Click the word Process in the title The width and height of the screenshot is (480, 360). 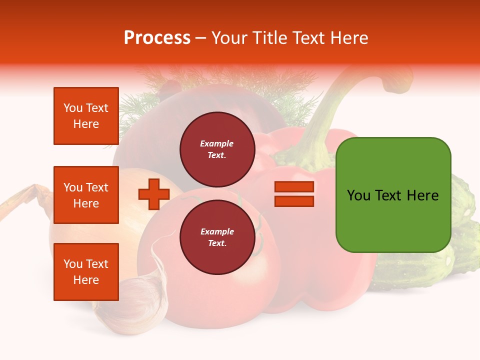157,38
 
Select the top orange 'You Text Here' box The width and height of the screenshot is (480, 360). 86,116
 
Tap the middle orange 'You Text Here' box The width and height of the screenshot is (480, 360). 86,195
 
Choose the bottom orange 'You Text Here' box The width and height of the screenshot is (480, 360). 86,272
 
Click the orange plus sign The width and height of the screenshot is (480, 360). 154,194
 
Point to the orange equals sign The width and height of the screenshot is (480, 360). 294,194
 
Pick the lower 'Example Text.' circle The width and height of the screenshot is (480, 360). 217,237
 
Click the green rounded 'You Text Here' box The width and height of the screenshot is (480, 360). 393,195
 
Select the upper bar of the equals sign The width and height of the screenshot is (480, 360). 294,187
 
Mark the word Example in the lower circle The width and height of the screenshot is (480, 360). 217,231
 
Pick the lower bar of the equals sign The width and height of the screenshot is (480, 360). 294,201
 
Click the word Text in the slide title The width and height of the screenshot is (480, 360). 308,38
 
